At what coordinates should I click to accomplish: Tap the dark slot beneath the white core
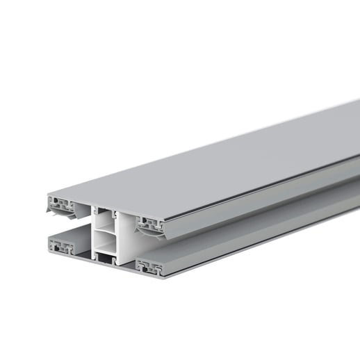(106, 260)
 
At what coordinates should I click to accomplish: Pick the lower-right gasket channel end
(149, 265)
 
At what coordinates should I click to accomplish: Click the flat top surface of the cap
(208, 160)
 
